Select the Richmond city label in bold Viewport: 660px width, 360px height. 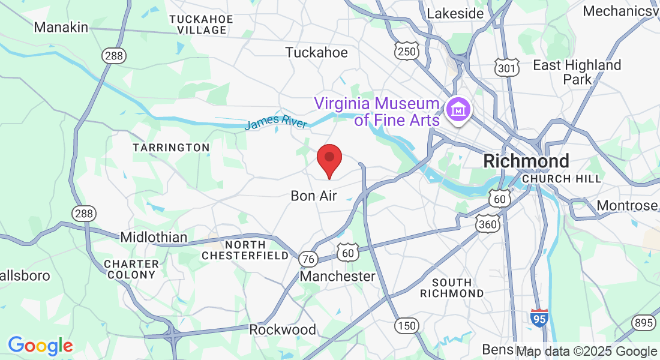pos(526,161)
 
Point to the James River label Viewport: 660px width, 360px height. pos(276,122)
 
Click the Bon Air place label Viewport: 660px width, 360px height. pos(314,196)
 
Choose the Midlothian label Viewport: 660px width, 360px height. pos(154,237)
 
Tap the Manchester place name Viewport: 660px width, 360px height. pos(337,276)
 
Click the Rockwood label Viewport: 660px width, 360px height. pos(283,329)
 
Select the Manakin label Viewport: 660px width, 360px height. pos(61,27)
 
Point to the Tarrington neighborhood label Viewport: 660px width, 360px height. pos(171,148)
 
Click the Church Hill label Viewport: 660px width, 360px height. pos(562,179)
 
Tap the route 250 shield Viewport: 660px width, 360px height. pos(406,52)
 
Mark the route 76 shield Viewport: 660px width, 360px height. pos(308,259)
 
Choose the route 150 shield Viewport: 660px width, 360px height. pos(406,326)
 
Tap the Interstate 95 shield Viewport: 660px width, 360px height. pos(539,318)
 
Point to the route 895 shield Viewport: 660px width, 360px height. pos(643,323)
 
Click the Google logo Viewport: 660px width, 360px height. pos(40,346)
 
